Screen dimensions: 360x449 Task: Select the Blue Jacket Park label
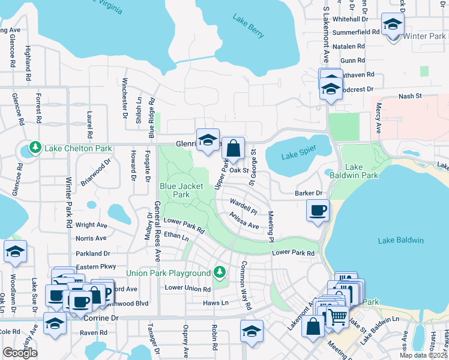coord(175,190)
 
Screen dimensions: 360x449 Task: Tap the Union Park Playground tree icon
coord(220,273)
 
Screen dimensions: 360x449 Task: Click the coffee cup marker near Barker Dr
coord(318,210)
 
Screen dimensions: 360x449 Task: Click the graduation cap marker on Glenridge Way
coord(208,140)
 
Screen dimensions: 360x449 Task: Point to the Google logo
coord(20,353)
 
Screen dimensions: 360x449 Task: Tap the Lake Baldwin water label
coord(401,241)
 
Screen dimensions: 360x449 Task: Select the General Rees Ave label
coord(157,231)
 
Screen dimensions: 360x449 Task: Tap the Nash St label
coord(411,96)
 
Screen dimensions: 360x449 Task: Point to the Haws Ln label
coord(215,303)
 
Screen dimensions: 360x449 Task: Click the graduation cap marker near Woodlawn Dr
coord(15,251)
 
